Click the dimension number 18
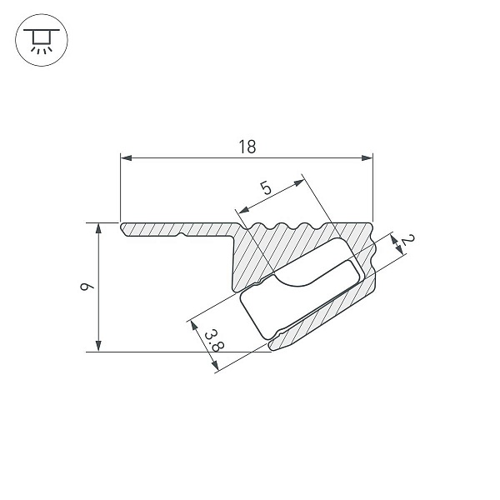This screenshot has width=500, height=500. [247, 147]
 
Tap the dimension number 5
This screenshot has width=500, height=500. [266, 187]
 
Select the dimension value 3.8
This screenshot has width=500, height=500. [214, 342]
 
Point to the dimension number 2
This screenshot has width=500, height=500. [407, 239]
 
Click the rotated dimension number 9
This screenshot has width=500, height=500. [87, 287]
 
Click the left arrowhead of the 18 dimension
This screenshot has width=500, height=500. [127, 157]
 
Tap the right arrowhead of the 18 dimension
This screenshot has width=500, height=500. [367, 157]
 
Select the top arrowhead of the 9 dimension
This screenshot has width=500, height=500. [98, 229]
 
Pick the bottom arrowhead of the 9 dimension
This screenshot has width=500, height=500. [98, 346]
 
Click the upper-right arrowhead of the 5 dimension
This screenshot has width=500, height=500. [299, 182]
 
